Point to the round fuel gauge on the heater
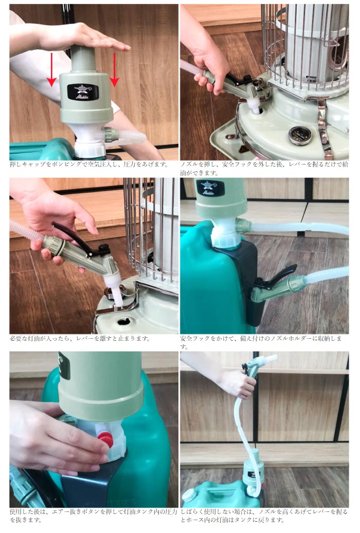(x=297, y=135)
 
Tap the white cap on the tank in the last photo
(x=188, y=494)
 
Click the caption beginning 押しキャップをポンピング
(x=88, y=164)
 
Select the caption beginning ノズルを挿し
(x=263, y=169)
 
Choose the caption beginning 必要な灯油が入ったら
(x=80, y=338)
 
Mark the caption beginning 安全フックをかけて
(x=263, y=342)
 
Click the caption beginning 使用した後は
(x=93, y=516)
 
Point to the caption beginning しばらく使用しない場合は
(x=263, y=516)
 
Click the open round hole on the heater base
(x=124, y=322)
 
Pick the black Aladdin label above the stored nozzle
(x=210, y=188)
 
